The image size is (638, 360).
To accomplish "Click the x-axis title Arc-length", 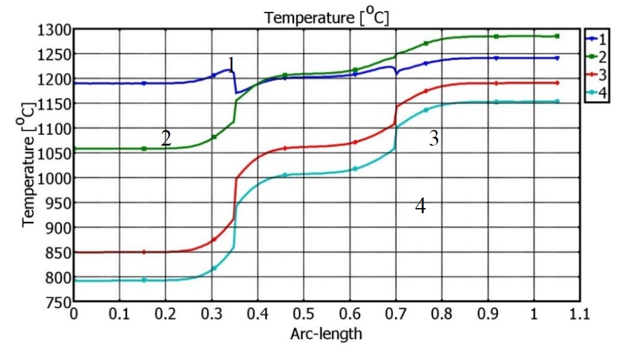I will point(326,334).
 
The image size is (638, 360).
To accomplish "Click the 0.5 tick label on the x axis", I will point(303,314).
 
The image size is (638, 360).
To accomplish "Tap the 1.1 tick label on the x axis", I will point(579,314).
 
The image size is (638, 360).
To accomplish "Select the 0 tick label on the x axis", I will point(74,314).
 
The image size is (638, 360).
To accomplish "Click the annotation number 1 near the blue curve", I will point(231,64).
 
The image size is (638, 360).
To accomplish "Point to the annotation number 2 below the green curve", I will point(166,138).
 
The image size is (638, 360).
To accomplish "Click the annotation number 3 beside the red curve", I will point(434,139).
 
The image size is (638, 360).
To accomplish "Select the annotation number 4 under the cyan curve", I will point(421,206).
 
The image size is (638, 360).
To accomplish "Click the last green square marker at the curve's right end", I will point(557,36).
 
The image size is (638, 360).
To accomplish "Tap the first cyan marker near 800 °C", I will point(144,280).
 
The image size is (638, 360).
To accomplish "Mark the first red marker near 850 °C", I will point(144,252).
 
